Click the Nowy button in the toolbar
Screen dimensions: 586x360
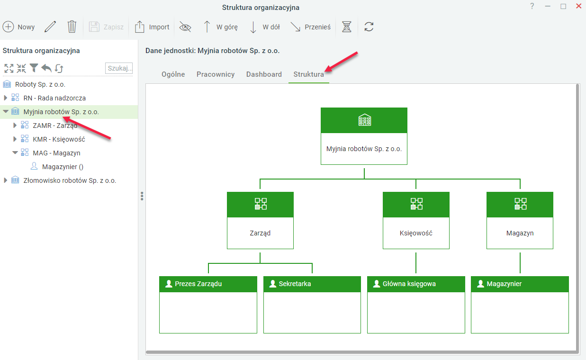click(19, 27)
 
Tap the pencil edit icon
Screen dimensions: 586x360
click(50, 27)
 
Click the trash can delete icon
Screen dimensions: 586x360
click(72, 27)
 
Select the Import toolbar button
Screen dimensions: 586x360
click(152, 27)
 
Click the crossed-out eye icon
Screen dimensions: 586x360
click(185, 27)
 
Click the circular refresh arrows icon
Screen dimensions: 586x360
click(369, 27)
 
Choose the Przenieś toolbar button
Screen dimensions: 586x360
click(310, 27)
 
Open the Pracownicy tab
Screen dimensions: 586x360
click(216, 74)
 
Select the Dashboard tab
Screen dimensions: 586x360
click(264, 74)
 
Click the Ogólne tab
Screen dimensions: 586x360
click(173, 74)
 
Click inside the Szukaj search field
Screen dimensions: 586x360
click(119, 68)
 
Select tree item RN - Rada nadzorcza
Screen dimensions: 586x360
click(54, 98)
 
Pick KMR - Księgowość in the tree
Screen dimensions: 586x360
click(59, 139)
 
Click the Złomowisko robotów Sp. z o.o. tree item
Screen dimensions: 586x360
click(70, 180)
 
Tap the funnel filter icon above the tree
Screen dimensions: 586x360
click(34, 68)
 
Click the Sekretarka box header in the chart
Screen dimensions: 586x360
click(312, 284)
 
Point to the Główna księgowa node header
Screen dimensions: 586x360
click(416, 284)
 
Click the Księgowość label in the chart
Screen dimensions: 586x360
click(416, 233)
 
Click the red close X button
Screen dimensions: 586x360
click(579, 6)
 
